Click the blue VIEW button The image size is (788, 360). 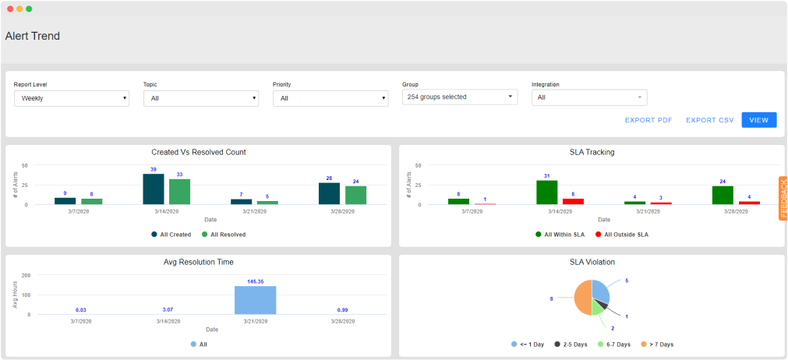pyautogui.click(x=758, y=120)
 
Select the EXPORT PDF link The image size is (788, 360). pyautogui.click(x=648, y=120)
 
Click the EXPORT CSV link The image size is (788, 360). pyautogui.click(x=709, y=120)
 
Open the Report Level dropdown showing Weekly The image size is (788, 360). pyautogui.click(x=72, y=98)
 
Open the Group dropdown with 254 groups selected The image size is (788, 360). pyautogui.click(x=460, y=97)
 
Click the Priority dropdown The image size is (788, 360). pyautogui.click(x=330, y=98)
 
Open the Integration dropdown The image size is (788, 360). pyautogui.click(x=589, y=97)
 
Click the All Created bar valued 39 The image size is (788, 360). pyautogui.click(x=154, y=189)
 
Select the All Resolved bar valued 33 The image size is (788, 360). pyautogui.click(x=180, y=192)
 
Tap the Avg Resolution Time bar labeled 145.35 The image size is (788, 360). pyautogui.click(x=256, y=300)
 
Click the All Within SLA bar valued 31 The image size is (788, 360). pyautogui.click(x=547, y=192)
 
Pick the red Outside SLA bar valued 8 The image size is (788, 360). pyautogui.click(x=574, y=201)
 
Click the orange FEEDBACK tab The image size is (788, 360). pyautogui.click(x=783, y=198)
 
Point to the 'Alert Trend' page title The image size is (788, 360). pyautogui.click(x=33, y=36)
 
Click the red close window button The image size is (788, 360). pyautogui.click(x=10, y=9)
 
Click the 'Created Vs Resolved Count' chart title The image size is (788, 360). pyautogui.click(x=199, y=152)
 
